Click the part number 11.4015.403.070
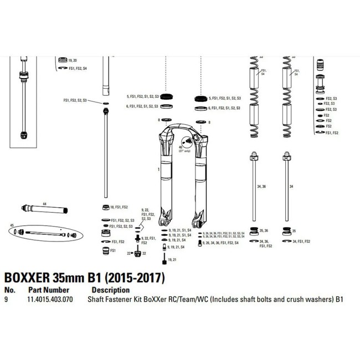click(50, 300)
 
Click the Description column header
click(111, 290)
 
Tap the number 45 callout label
click(11, 225)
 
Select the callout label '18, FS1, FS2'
click(119, 207)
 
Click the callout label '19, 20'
click(73, 59)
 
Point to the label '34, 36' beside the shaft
click(262, 187)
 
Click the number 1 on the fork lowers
click(158, 167)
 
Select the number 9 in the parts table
click(6, 300)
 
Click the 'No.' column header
click(9, 290)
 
